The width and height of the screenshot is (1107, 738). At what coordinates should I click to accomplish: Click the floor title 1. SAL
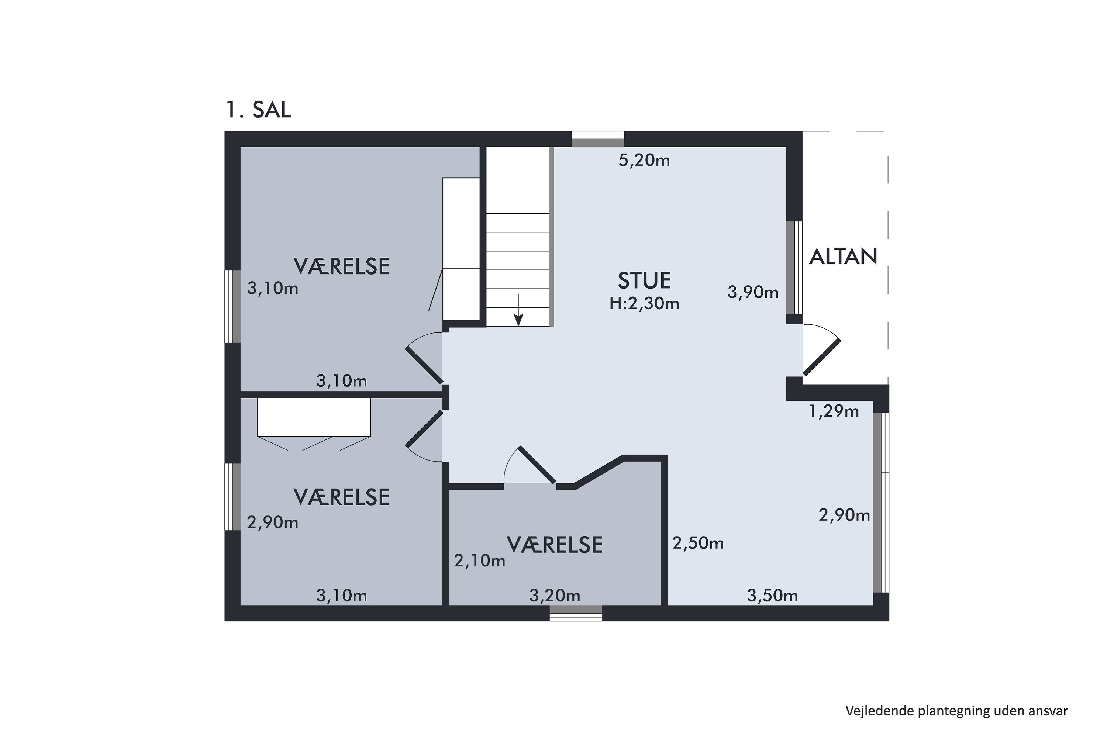pyautogui.click(x=258, y=110)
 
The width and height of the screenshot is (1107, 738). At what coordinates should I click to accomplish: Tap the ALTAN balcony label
pyautogui.click(x=843, y=256)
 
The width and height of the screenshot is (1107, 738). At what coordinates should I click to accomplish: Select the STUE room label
pyautogui.click(x=644, y=280)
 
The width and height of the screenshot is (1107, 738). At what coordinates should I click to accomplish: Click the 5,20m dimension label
pyautogui.click(x=644, y=161)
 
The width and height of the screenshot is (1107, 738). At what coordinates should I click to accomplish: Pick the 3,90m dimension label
pyautogui.click(x=753, y=292)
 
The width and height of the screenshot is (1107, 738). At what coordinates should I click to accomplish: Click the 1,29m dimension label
pyautogui.click(x=834, y=411)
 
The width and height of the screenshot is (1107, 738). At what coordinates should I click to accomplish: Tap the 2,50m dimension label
pyautogui.click(x=697, y=543)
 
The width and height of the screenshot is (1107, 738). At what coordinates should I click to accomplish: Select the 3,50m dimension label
pyautogui.click(x=772, y=596)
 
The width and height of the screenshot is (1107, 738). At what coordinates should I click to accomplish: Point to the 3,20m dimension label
pyautogui.click(x=555, y=596)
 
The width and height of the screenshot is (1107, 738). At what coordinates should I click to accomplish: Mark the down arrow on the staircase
pyautogui.click(x=518, y=310)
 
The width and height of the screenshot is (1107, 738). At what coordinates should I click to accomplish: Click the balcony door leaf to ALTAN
pyautogui.click(x=822, y=357)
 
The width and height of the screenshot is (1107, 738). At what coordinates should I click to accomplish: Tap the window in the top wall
pyautogui.click(x=598, y=140)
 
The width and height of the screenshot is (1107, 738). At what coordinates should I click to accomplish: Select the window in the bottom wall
pyautogui.click(x=576, y=613)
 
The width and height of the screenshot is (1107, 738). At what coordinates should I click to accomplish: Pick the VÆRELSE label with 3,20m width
pyautogui.click(x=555, y=545)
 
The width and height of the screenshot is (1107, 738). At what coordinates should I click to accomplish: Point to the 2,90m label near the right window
pyautogui.click(x=844, y=515)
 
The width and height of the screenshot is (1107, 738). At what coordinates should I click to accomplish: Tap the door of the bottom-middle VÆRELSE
pyautogui.click(x=537, y=465)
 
